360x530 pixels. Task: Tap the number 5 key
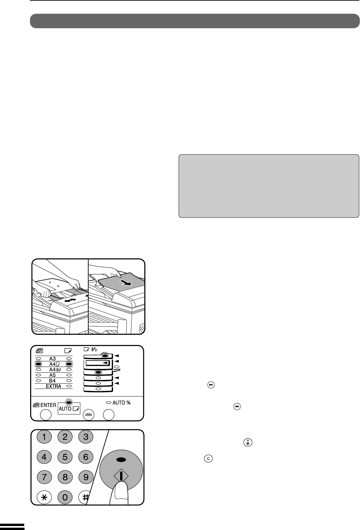click(65, 457)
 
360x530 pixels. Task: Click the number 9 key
click(86, 477)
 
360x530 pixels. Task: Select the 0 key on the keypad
click(65, 497)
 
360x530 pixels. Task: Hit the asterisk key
click(44, 497)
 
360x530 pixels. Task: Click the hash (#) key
click(85, 497)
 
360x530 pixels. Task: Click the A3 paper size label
click(52, 359)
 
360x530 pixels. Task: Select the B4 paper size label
click(52, 381)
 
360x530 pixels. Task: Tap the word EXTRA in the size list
click(53, 386)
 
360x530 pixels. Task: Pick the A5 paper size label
click(52, 375)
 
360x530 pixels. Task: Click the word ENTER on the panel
click(48, 405)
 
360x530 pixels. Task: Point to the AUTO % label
click(121, 403)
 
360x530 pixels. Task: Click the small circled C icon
click(208, 459)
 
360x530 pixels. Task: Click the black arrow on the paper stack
click(125, 282)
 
